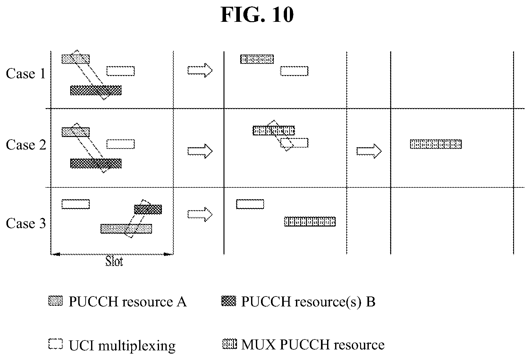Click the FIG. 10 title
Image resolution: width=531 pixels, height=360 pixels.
[x=257, y=15]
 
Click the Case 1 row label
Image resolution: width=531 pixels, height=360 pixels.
[x=26, y=73]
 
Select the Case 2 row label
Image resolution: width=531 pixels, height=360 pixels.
[x=26, y=145]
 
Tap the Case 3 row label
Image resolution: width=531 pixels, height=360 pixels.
[x=26, y=223]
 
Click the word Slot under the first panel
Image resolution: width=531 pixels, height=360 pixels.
[x=114, y=261]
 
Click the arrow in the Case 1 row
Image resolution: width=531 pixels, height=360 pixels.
[x=200, y=70]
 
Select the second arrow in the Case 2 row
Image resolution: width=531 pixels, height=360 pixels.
[x=369, y=151]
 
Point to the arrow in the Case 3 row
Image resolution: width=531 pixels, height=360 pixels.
[x=200, y=214]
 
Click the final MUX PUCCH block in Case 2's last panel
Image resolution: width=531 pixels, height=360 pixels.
[x=436, y=144]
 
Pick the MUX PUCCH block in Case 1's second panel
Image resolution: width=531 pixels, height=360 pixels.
[x=257, y=59]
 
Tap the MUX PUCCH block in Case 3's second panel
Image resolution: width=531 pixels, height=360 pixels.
[x=310, y=221]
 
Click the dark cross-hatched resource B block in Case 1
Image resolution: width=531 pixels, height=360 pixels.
[x=96, y=90]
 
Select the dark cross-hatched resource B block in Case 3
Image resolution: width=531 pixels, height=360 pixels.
[x=148, y=210]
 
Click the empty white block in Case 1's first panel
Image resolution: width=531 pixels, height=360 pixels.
[x=121, y=71]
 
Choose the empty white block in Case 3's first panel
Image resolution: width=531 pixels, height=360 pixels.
[x=76, y=204]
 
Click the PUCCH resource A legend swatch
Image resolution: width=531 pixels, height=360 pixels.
[x=55, y=301]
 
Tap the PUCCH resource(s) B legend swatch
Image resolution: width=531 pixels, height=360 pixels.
[x=229, y=301]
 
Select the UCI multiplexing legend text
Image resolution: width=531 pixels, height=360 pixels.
[x=122, y=346]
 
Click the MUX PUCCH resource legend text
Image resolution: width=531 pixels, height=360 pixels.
[x=313, y=345]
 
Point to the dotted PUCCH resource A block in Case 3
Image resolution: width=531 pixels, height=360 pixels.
[x=126, y=229]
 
